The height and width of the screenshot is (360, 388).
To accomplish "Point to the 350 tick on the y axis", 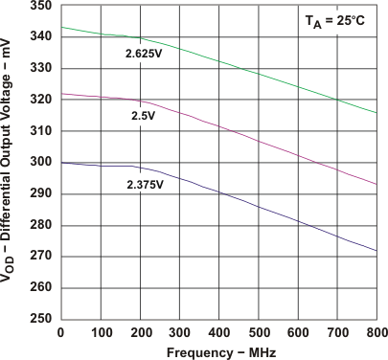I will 41,5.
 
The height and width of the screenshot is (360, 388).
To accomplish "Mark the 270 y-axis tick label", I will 41,257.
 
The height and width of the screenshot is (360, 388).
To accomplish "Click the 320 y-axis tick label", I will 41,100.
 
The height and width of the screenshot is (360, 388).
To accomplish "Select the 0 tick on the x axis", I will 61,331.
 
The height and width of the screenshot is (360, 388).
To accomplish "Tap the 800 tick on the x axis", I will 377,331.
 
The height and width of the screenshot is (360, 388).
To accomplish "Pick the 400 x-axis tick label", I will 219,331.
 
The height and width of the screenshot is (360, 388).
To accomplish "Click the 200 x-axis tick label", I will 140,331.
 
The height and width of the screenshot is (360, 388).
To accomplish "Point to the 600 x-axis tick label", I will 298,331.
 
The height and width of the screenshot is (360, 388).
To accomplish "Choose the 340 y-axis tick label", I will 41,36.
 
